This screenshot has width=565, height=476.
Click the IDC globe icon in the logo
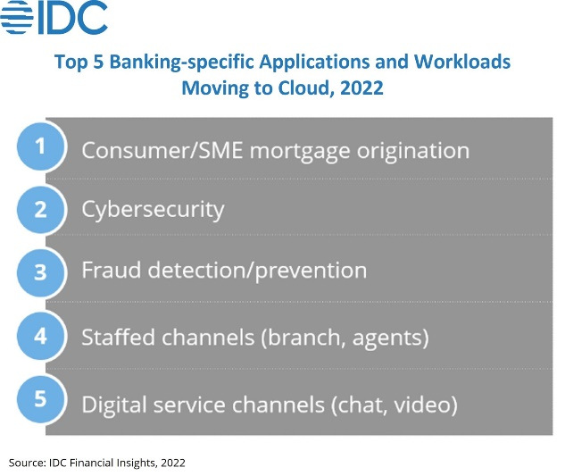pos(17,17)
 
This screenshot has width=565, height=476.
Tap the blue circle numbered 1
pos(40,146)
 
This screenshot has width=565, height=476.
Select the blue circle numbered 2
pos(40,210)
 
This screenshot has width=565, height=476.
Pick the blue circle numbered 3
pos(40,272)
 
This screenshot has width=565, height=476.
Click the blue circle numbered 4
pos(40,336)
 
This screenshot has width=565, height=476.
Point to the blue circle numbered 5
pos(40,398)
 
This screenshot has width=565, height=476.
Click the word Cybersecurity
pos(153,210)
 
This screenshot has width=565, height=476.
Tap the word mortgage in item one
pos(300,152)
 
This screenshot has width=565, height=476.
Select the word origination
pos(413,150)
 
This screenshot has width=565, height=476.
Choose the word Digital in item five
pos(114,405)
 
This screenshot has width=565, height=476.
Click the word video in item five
pos(426,405)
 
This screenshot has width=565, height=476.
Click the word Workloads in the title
pos(462,62)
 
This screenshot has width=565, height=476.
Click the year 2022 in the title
pos(361,88)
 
